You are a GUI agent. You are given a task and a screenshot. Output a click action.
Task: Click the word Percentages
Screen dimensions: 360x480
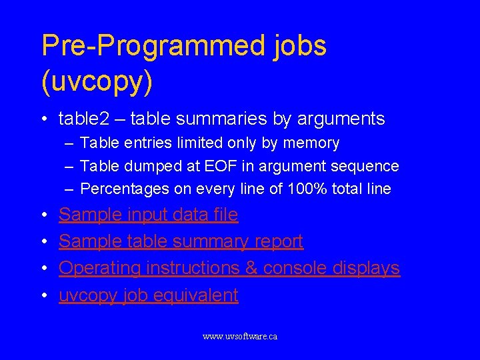click(125, 189)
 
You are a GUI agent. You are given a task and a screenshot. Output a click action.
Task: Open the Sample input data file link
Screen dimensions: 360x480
click(148, 215)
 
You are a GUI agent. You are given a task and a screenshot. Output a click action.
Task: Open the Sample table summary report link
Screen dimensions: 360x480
click(181, 241)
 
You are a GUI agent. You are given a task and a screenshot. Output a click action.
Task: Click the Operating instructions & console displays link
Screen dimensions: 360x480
click(229, 268)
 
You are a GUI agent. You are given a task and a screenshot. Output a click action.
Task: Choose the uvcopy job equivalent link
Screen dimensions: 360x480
click(148, 295)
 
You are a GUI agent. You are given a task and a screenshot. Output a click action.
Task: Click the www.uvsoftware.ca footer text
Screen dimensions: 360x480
click(240, 337)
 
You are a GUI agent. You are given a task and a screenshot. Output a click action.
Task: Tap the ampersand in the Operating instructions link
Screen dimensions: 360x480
click(251, 268)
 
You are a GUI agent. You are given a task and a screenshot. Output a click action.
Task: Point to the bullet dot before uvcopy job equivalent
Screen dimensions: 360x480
click(43, 295)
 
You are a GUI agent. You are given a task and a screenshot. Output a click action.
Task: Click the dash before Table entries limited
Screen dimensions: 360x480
click(69, 143)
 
